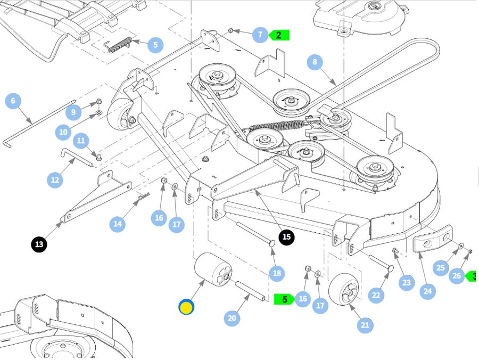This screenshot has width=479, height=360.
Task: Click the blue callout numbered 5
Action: click(155, 45)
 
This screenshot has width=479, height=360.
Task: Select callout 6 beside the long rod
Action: click(13, 101)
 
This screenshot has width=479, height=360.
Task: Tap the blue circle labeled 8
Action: click(315, 62)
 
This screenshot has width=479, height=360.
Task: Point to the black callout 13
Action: click(39, 244)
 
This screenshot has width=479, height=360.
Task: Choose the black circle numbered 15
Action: click(286, 237)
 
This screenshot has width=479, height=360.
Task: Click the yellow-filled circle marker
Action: click(186, 307)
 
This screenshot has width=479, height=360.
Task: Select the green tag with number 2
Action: click(279, 35)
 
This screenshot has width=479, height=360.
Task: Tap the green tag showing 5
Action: click(284, 299)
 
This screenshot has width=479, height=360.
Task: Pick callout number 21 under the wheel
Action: click(365, 325)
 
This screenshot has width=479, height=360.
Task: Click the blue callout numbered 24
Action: click(427, 291)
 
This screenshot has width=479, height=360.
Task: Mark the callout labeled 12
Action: click(55, 180)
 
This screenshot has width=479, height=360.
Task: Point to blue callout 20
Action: click(232, 318)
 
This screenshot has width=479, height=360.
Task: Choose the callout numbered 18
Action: click(276, 274)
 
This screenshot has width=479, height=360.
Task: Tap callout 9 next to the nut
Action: click(74, 112)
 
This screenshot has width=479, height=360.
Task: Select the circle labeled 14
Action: click(118, 224)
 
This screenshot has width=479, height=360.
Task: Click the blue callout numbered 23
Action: click(407, 283)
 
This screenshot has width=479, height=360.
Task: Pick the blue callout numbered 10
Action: click(63, 132)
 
